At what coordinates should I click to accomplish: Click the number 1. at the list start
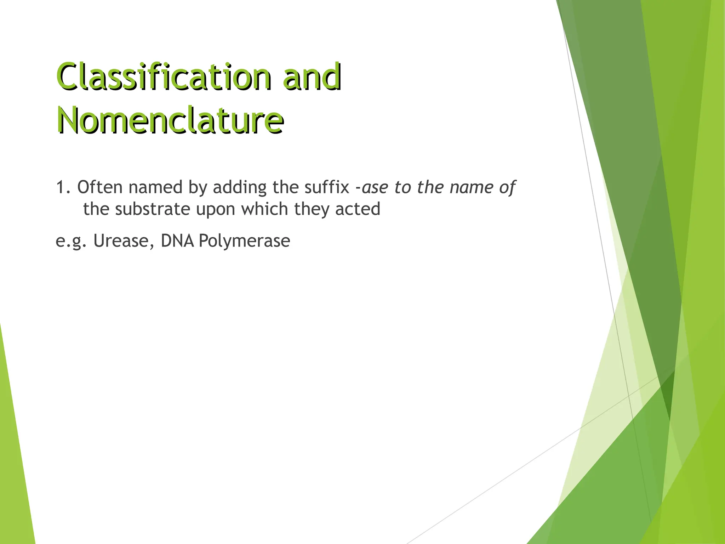(x=64, y=187)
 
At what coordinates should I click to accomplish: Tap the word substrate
(x=153, y=209)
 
